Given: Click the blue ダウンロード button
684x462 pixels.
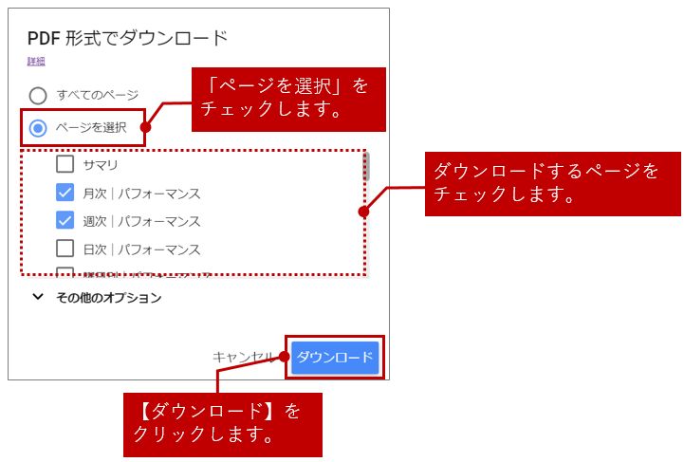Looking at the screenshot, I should click(x=335, y=358).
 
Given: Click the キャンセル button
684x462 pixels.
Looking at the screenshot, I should click(x=243, y=358).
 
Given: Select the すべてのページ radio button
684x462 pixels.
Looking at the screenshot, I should click(x=38, y=96).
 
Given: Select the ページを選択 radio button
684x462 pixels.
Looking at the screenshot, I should click(x=38, y=128).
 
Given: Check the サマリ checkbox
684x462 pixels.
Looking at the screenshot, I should click(x=65, y=164).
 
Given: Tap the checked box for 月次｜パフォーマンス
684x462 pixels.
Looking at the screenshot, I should click(x=65, y=193).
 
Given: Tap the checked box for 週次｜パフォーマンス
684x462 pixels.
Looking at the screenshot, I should click(x=65, y=220).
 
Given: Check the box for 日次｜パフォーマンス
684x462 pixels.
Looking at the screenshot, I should click(x=65, y=249).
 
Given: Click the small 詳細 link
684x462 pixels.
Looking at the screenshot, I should click(x=36, y=62).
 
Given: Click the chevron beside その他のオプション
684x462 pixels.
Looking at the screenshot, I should click(x=38, y=297).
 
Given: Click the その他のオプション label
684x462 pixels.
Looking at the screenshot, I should click(x=108, y=298).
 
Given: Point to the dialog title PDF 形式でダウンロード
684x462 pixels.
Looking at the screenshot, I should click(x=127, y=39).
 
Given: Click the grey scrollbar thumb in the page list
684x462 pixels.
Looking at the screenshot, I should click(x=365, y=167).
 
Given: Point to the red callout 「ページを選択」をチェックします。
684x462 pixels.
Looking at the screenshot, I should click(x=288, y=99).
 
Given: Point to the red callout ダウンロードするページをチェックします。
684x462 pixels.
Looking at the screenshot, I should click(x=552, y=183).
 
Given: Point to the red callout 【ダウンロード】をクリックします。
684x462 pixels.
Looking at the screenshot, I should click(x=222, y=424).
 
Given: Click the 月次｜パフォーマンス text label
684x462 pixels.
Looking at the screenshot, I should click(x=141, y=194).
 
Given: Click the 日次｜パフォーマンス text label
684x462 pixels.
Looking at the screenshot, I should click(x=141, y=249).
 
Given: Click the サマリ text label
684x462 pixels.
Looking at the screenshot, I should click(x=101, y=165).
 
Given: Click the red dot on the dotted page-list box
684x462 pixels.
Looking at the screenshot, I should click(x=363, y=212).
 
